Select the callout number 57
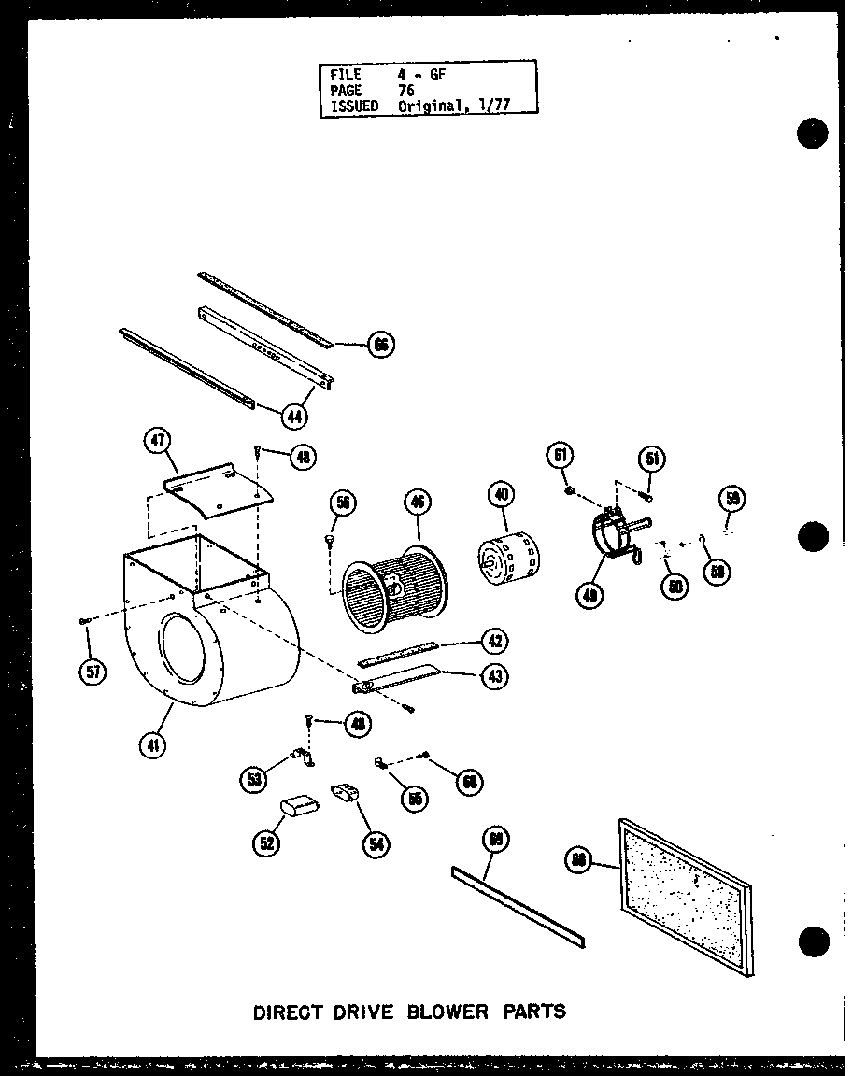click(x=92, y=672)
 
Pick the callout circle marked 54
click(x=376, y=842)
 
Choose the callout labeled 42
click(x=494, y=641)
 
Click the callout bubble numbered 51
click(x=651, y=459)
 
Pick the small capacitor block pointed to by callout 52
click(x=300, y=805)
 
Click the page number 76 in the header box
click(x=406, y=91)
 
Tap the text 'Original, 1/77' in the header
click(x=454, y=106)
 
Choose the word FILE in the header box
click(x=345, y=75)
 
